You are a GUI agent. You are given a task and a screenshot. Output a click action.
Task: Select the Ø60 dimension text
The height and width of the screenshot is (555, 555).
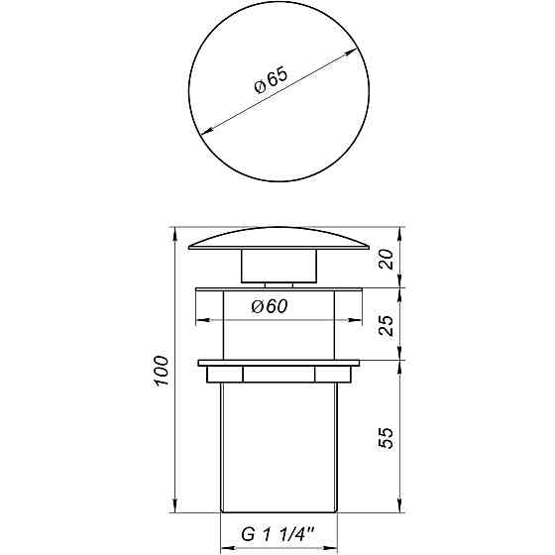coord(270,306)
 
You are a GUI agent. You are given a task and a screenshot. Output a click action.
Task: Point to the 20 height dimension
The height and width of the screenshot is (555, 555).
coord(388,259)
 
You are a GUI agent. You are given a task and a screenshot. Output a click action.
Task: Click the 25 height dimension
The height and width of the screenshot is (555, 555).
coord(388,324)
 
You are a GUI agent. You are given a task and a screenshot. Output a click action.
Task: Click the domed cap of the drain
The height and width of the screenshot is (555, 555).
coord(277,242)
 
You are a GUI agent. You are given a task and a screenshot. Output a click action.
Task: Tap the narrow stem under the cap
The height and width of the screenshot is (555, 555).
coord(277,267)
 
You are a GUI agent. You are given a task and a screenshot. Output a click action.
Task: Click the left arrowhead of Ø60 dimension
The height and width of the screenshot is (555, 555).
coord(201,320)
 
